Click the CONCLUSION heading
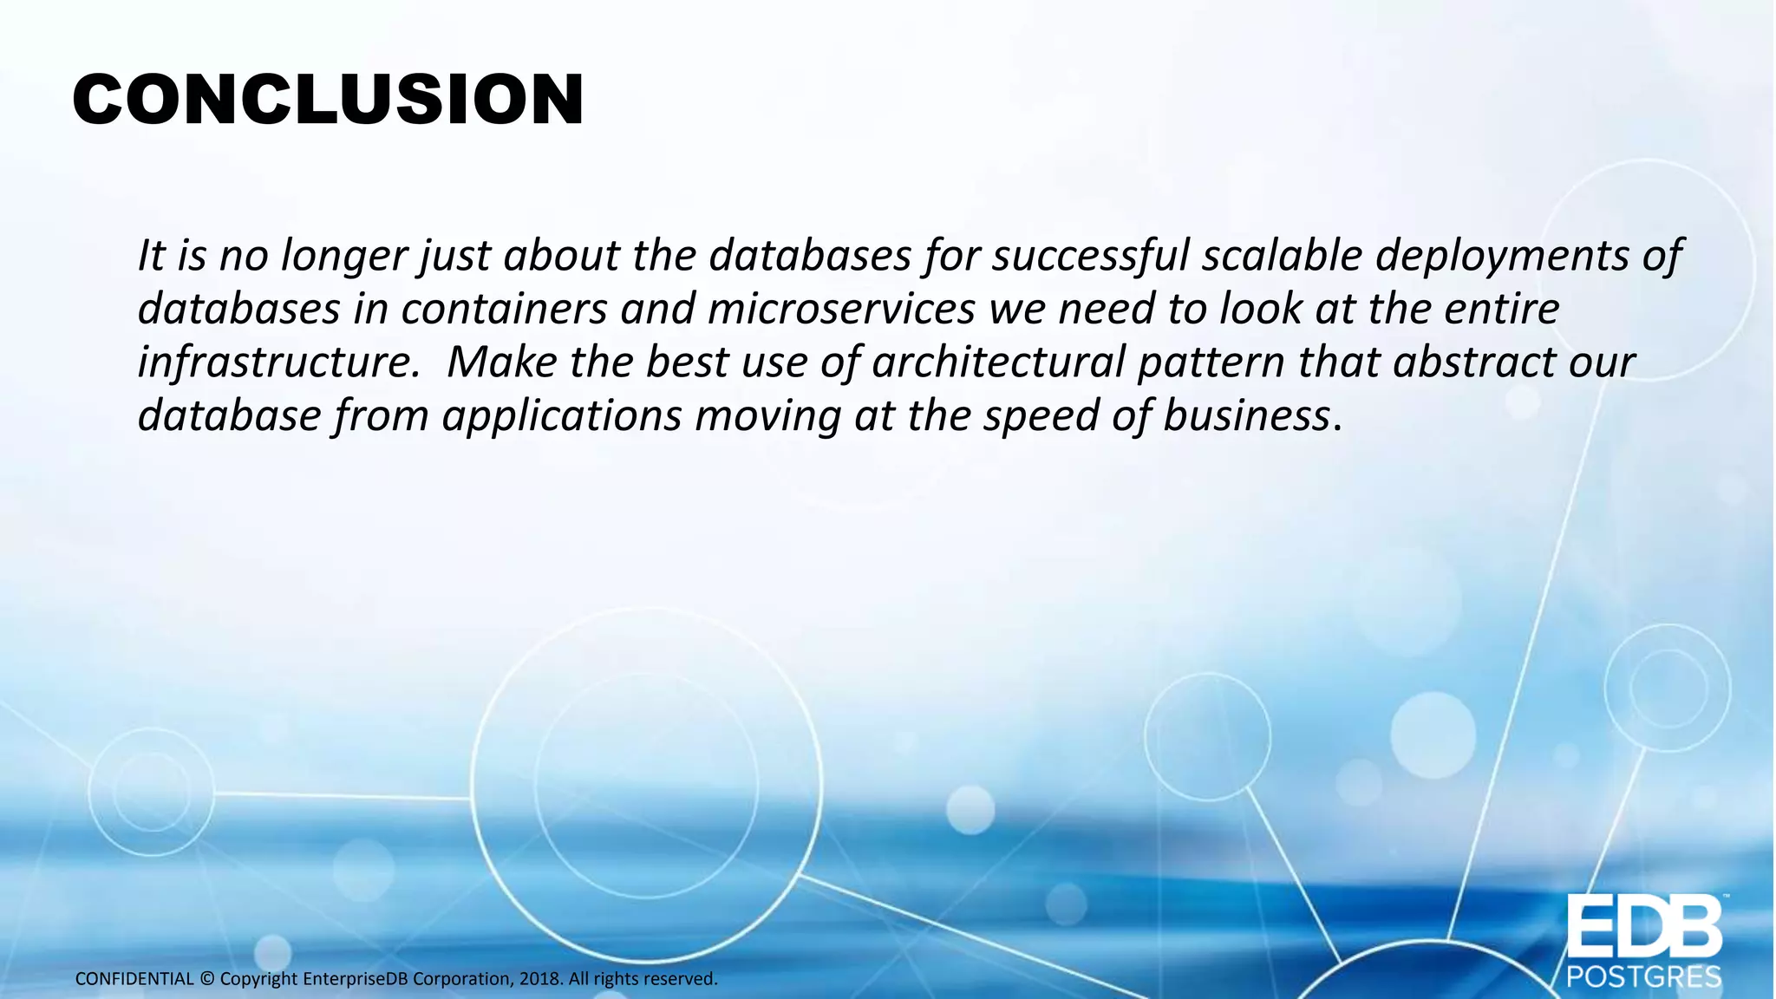pyautogui.click(x=328, y=100)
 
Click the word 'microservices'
pyautogui.click(x=841, y=309)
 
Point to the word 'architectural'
pyautogui.click(x=998, y=362)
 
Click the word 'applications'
pyautogui.click(x=562, y=417)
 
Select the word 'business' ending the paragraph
pyautogui.click(x=1246, y=415)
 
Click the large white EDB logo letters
pyautogui.click(x=1643, y=929)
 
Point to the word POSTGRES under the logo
pyautogui.click(x=1643, y=978)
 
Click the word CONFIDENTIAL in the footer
pyautogui.click(x=134, y=979)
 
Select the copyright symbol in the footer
pyautogui.click(x=207, y=979)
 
